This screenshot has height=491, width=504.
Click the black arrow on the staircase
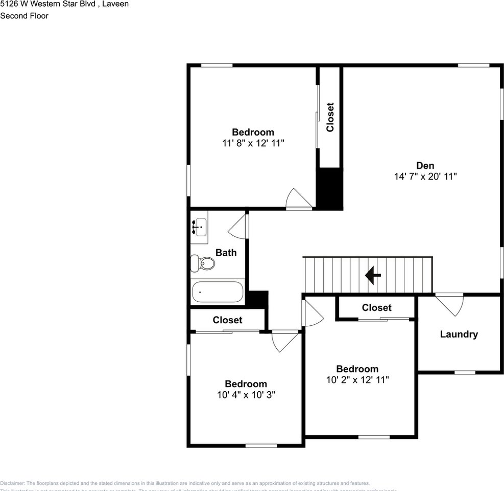click(373, 276)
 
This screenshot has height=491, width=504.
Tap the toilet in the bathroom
click(203, 263)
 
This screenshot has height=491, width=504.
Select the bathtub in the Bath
click(217, 292)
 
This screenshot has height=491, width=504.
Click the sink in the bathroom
click(200, 227)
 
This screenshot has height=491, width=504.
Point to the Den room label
click(425, 165)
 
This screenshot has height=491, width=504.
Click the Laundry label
click(459, 334)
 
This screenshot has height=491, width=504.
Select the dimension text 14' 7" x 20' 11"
click(425, 176)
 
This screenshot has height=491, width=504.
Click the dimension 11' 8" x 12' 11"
click(253, 143)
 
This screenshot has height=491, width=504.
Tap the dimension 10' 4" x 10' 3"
click(246, 395)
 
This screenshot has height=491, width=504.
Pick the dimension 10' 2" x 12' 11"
click(357, 380)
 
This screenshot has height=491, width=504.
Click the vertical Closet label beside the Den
click(330, 117)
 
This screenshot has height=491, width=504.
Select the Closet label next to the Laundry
click(376, 307)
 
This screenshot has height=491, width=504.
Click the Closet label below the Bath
click(227, 320)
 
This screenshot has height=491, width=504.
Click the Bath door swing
click(238, 227)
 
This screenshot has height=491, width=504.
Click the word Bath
click(226, 252)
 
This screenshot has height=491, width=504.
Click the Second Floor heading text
click(24, 16)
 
